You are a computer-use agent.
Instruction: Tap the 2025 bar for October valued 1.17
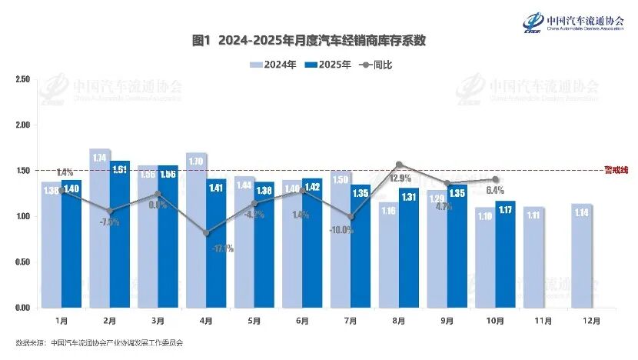(x=504, y=254)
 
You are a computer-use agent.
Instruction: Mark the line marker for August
(x=399, y=164)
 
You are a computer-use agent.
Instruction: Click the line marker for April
(x=206, y=233)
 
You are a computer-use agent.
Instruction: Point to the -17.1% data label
(x=223, y=248)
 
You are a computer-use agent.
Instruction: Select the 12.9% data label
(x=400, y=178)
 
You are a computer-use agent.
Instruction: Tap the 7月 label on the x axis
(x=351, y=319)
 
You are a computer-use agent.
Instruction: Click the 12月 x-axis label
(x=591, y=319)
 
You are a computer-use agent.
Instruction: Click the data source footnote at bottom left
(x=99, y=342)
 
